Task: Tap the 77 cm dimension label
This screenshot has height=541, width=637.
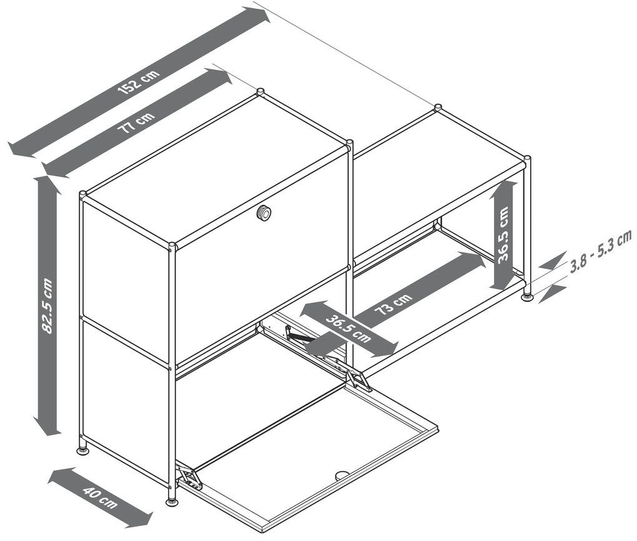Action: point(136,121)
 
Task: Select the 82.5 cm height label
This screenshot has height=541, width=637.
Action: point(47,306)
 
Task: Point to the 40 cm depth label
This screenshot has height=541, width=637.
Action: point(100,497)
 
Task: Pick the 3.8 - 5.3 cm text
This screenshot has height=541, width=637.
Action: point(601,251)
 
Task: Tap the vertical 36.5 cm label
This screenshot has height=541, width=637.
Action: point(503,235)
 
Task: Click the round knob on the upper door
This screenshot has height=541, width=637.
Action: point(264,213)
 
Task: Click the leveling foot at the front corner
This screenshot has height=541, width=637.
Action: point(172,502)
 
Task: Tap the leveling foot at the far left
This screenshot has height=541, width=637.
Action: point(83,450)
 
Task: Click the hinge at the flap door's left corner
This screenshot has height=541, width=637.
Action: point(189,478)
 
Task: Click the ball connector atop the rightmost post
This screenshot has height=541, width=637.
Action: point(527,158)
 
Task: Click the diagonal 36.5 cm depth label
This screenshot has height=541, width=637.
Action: point(348,329)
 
